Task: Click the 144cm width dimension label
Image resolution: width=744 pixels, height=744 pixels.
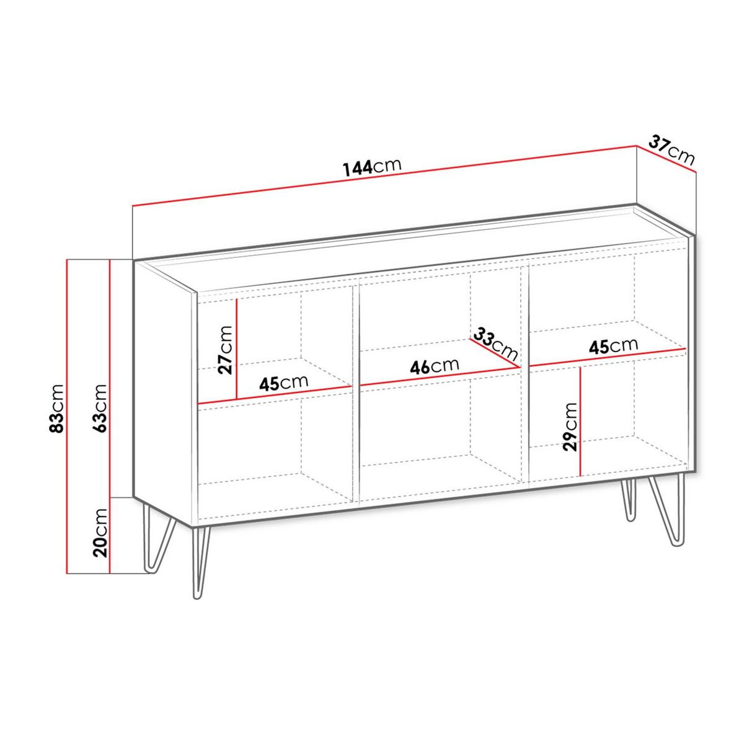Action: click(371, 166)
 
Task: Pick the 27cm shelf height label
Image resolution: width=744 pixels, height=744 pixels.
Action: click(226, 350)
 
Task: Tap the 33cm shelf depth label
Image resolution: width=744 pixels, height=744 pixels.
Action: click(495, 343)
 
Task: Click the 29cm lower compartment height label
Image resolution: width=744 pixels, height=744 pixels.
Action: click(570, 425)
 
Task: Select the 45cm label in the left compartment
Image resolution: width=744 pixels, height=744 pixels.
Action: click(283, 383)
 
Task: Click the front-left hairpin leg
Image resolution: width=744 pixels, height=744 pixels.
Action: click(200, 561)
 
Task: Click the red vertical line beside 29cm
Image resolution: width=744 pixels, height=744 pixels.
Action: click(580, 421)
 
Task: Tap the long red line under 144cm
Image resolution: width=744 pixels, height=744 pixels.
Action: click(384, 177)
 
